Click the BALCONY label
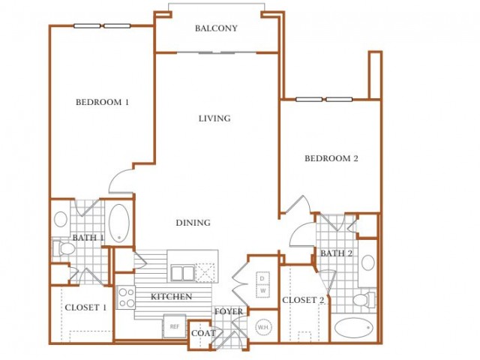(216, 28)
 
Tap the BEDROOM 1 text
(102, 102)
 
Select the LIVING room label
(214, 118)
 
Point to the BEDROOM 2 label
(331, 158)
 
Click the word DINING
(193, 223)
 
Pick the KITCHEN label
(172, 296)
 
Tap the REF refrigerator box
(175, 326)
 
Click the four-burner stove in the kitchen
(126, 298)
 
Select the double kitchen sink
(183, 273)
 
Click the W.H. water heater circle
(263, 327)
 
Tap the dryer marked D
(262, 278)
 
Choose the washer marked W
(263, 291)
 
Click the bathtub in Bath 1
(119, 223)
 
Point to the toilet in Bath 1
(64, 248)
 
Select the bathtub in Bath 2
(354, 328)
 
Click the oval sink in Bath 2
(368, 262)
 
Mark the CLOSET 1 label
(85, 307)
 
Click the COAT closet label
(203, 333)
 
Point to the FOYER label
(229, 312)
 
